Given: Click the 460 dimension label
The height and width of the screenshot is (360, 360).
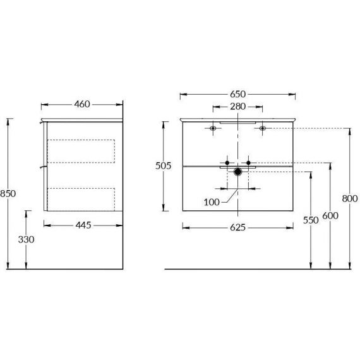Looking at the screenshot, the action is (x=82, y=104).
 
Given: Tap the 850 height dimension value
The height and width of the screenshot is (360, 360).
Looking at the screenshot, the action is (x=8, y=193).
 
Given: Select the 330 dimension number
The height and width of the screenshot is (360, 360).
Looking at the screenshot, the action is (x=26, y=239).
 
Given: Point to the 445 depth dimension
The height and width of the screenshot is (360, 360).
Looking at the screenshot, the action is (x=83, y=225).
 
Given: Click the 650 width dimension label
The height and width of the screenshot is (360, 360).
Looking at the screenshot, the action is (x=238, y=94).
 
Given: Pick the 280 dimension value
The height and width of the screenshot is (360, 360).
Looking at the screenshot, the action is (x=238, y=107).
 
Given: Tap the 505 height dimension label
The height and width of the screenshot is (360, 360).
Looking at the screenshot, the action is (x=163, y=165).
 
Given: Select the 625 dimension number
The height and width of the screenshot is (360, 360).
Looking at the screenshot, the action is (x=238, y=227).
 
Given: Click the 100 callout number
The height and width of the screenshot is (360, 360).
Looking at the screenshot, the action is (x=212, y=202).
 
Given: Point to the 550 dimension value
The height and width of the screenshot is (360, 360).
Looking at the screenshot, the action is (x=311, y=220).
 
